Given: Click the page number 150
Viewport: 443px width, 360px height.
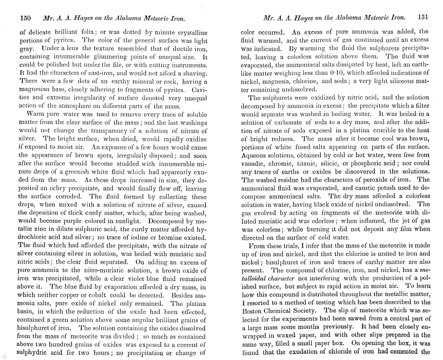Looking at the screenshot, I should tap(26, 18).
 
